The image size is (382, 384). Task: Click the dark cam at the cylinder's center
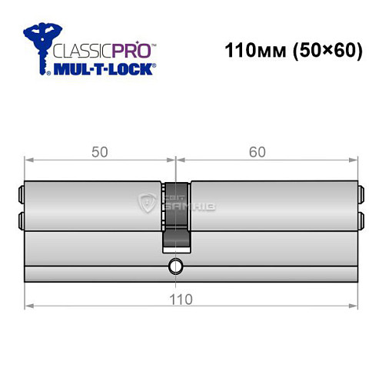point(176,216)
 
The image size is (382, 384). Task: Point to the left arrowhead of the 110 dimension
point(28,305)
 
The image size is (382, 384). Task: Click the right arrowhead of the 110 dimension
point(354,305)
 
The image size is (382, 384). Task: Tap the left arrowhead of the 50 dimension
point(28,160)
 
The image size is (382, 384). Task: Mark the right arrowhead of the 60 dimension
point(354,160)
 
